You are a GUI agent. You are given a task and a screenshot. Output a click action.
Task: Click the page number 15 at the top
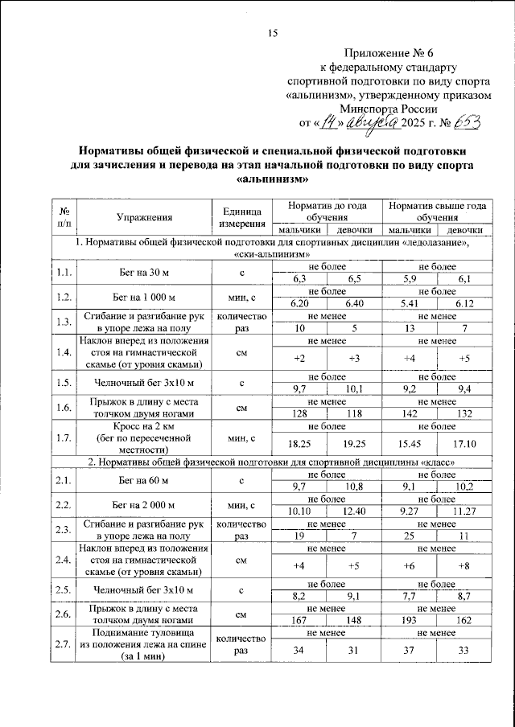coord(272,33)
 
